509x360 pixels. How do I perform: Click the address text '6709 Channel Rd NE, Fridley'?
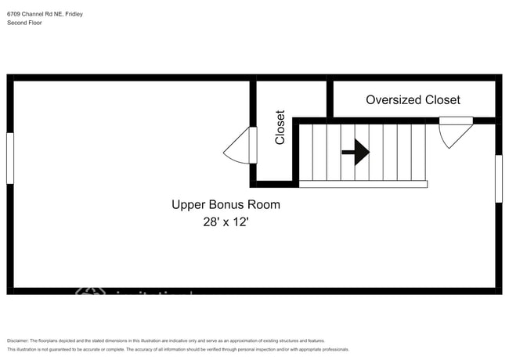pos(45,13)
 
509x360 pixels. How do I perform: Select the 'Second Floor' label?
pos(24,23)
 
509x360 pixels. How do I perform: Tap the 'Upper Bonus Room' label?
pos(226,205)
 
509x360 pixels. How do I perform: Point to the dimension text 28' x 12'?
pos(226,222)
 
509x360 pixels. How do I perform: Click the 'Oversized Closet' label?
pos(413,100)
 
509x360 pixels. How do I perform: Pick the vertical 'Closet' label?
pos(280,127)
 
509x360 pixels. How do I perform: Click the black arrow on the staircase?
pos(356,152)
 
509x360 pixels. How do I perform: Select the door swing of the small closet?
pos(239,146)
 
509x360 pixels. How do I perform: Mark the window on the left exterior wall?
pos(10,158)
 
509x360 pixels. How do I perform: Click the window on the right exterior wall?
pos(498,178)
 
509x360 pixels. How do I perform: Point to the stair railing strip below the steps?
pos(363,184)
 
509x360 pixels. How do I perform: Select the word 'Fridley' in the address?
pos(73,13)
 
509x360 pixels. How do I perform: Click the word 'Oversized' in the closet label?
pos(394,100)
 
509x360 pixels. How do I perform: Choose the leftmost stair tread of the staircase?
pos(307,152)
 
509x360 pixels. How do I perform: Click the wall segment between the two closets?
pos(330,99)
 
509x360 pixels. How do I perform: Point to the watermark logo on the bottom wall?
pos(90,292)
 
